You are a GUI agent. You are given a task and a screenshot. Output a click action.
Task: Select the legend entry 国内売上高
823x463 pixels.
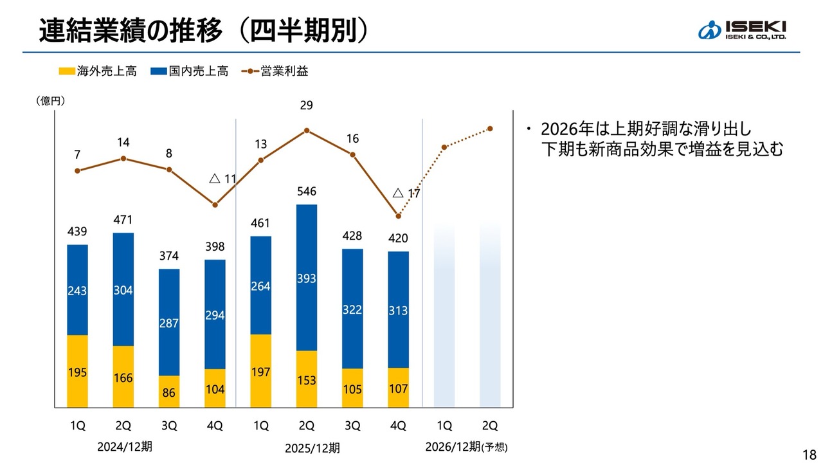tap(189, 71)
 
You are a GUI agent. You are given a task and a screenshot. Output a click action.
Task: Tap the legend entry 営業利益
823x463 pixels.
tap(276, 71)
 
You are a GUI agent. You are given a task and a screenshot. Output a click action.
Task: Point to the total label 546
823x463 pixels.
tap(307, 192)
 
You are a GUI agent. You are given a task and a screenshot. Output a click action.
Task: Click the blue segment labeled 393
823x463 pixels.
tap(307, 278)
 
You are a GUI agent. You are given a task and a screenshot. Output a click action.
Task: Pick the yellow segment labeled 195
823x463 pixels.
tap(77, 371)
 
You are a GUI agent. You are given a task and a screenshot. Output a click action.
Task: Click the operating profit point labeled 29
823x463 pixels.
tap(307, 131)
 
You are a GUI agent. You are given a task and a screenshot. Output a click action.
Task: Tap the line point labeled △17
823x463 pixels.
tap(399, 216)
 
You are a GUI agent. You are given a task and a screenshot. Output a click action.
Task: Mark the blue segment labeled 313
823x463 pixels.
tap(399, 309)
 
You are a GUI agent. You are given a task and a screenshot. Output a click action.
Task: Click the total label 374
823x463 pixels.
tap(169, 256)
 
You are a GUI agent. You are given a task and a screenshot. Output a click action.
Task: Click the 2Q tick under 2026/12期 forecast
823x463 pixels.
tap(490, 426)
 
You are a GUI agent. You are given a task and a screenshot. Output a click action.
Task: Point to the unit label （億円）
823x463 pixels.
tap(50, 101)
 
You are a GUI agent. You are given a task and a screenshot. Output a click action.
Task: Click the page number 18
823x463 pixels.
tap(809, 452)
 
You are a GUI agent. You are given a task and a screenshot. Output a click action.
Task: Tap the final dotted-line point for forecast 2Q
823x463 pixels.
tap(490, 129)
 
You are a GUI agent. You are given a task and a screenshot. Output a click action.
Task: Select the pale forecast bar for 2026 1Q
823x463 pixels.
tap(444, 316)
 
